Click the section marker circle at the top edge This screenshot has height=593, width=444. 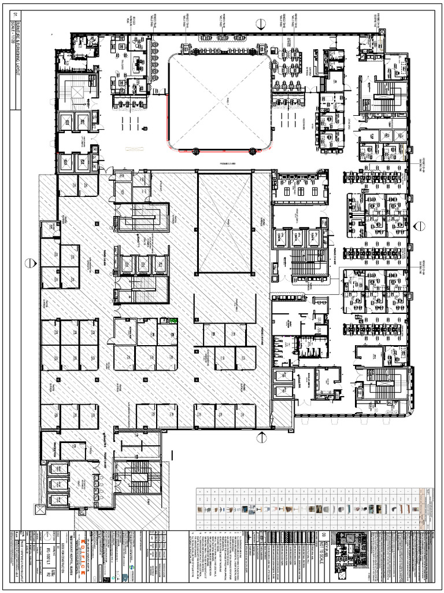(x=261, y=23)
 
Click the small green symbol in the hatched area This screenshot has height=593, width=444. (x=172, y=320)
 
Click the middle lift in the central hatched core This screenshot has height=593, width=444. (x=142, y=264)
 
